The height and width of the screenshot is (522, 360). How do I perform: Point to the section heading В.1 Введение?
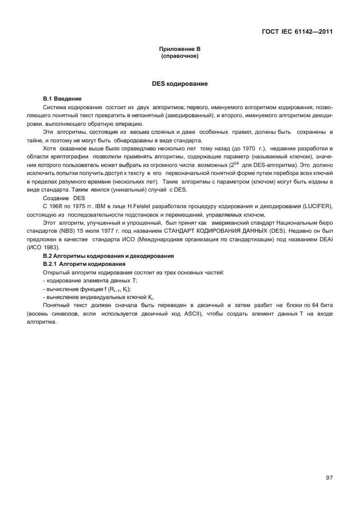(x=63, y=99)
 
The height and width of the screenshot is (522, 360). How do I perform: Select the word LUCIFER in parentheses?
(x=314, y=205)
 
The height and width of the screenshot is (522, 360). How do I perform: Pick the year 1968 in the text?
(x=58, y=205)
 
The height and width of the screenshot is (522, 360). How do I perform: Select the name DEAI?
(x=325, y=241)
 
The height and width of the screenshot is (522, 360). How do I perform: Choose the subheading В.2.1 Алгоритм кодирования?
(x=85, y=264)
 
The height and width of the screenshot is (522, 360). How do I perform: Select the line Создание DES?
(x=64, y=197)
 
